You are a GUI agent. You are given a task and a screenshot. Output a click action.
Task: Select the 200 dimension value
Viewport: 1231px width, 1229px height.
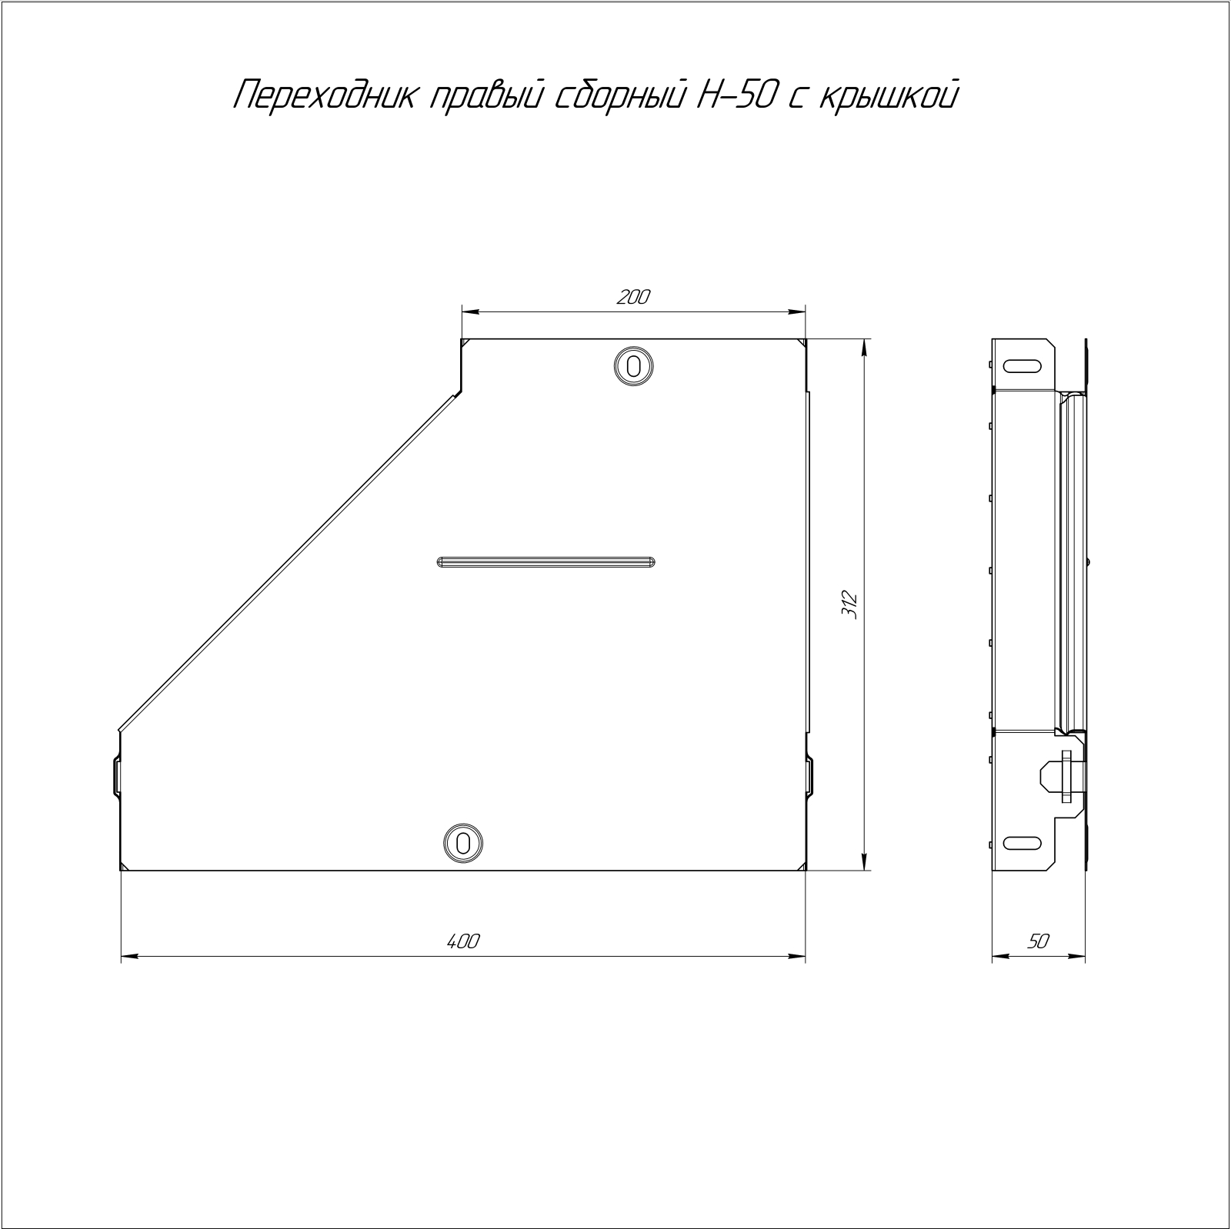[634, 297]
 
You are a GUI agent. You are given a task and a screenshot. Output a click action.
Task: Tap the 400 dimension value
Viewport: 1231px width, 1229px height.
[462, 941]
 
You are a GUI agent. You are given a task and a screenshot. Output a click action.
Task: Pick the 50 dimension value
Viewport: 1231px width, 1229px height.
[1038, 941]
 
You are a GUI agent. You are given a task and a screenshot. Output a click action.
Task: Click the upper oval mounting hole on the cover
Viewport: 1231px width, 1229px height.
[634, 365]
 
